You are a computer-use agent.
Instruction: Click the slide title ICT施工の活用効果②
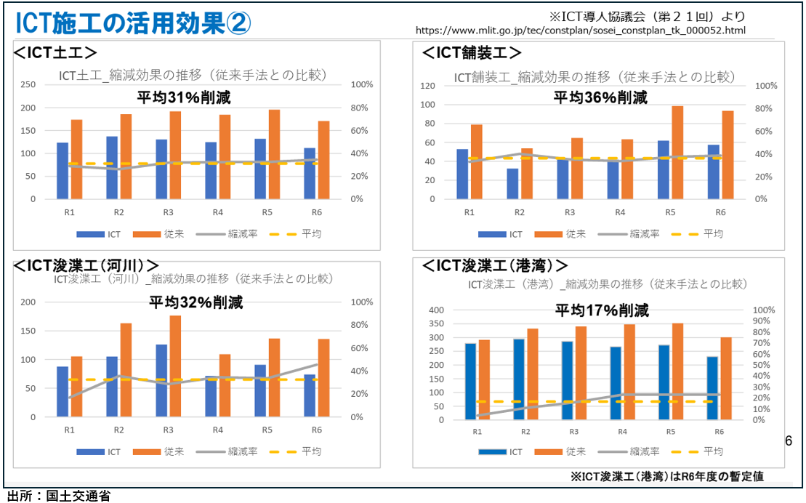[x=132, y=23]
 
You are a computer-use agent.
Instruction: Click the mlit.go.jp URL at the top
[x=580, y=31]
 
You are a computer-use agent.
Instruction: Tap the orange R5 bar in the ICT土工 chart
[x=274, y=154]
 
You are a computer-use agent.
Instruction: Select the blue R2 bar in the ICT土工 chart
[x=112, y=167]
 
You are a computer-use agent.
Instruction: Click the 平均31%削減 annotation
[x=184, y=97]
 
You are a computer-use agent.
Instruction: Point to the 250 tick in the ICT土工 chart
[x=27, y=84]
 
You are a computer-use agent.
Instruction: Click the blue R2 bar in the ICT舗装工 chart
[x=513, y=184]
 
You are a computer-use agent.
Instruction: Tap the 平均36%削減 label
[x=600, y=97]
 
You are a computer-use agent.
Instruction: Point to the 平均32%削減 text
[x=196, y=302]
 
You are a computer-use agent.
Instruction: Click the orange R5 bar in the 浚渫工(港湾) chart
[x=677, y=371]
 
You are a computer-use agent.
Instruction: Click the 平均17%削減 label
[x=602, y=310]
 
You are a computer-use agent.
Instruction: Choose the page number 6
[x=789, y=441]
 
